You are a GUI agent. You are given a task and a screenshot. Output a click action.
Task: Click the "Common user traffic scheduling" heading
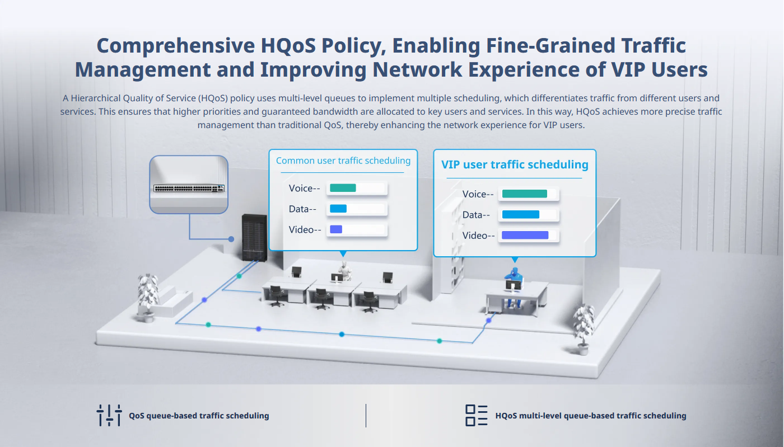[343, 161]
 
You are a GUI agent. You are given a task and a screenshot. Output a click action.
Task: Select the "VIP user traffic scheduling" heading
[515, 164]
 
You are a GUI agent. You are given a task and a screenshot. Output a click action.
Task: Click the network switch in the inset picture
[189, 188]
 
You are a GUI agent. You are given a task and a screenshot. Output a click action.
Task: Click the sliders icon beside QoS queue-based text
[109, 416]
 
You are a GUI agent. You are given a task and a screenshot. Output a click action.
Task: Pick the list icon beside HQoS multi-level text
[477, 416]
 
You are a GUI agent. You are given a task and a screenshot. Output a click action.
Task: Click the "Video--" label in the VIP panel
[478, 236]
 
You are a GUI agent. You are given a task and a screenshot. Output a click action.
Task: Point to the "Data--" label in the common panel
[302, 209]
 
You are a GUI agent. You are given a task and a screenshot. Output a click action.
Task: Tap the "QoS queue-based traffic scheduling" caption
[199, 416]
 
